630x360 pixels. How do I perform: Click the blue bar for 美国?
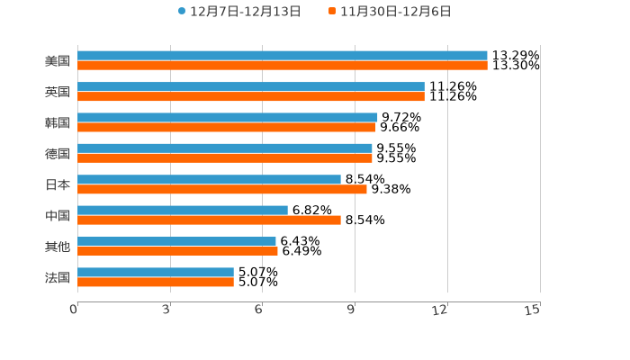pos(283,56)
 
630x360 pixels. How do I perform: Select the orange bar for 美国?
pos(283,66)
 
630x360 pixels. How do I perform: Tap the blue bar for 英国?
pos(251,86)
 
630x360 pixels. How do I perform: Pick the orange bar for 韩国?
pos(227,128)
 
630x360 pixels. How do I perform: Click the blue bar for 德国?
pos(225,148)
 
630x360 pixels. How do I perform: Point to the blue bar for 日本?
pos(209,179)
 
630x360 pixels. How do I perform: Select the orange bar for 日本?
pos(222,190)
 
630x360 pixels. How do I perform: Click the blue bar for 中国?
pos(183,211)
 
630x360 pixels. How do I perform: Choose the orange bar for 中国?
pos(209,220)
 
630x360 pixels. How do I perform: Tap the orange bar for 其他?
pos(177,252)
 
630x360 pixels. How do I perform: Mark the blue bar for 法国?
pos(156,272)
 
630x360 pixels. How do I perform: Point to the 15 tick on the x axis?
pos(533,310)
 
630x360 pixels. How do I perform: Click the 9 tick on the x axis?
pos(352,310)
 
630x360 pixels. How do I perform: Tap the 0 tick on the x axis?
pos(74,310)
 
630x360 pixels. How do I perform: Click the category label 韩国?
pos(58,122)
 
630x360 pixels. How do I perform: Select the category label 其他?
pos(58,247)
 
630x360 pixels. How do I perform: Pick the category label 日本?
pos(58,184)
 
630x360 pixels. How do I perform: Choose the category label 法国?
pos(58,277)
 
